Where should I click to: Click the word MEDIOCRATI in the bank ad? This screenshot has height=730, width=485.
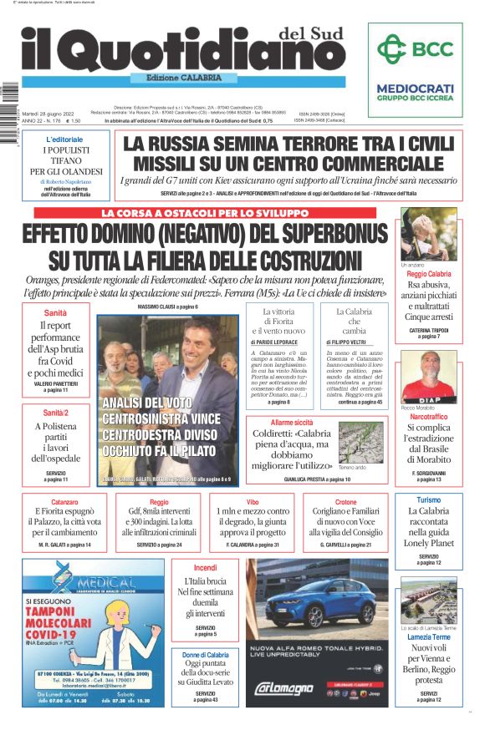click(415, 88)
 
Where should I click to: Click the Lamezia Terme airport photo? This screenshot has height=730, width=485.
click(428, 600)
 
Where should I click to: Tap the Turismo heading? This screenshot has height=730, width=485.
click(428, 500)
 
